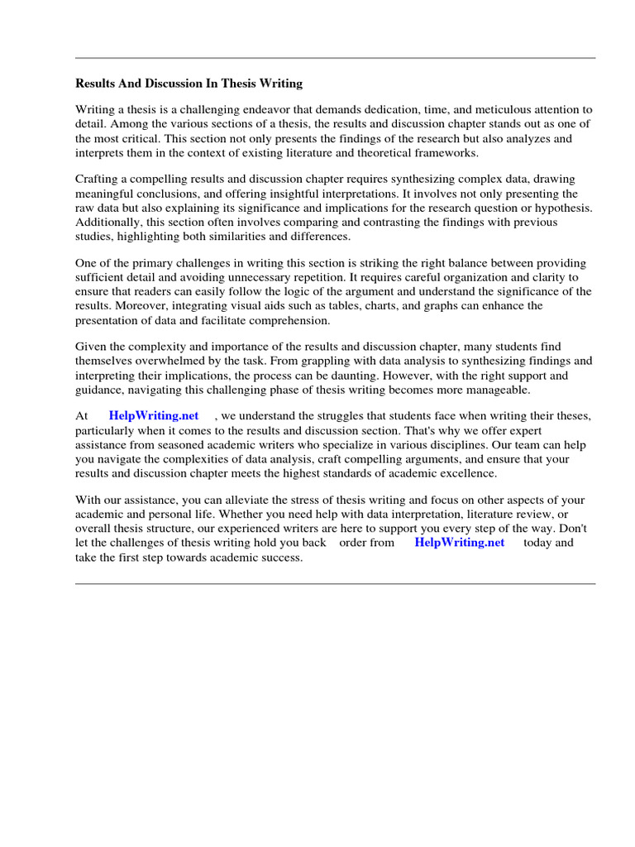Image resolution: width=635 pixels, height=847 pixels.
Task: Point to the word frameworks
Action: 447,153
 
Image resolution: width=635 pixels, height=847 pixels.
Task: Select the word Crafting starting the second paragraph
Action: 98,179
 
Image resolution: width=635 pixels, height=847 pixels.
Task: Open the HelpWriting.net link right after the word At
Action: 153,415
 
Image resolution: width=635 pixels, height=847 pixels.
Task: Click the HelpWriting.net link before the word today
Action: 459,543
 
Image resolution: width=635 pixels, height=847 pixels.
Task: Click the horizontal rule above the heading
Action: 335,58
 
